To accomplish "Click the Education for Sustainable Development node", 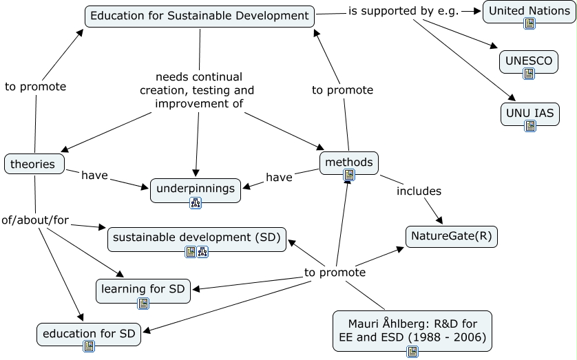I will pos(200,16).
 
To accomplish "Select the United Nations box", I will pos(529,12).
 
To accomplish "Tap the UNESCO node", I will pos(529,61).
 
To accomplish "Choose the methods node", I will pos(349,162).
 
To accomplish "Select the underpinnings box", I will pos(196,188).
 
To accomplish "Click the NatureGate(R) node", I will pos(451,237).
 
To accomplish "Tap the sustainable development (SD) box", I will pos(197,237).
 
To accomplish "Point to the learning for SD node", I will pos(143,289).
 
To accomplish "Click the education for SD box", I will pos(90,334).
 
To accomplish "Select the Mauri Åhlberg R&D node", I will pos(412,330).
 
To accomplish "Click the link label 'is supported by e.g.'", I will pos(403,11).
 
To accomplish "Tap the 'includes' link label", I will pos(419,191).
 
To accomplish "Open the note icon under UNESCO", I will pos(529,73).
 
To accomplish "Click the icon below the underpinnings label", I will pos(196,202).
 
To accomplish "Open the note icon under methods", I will pos(349,175).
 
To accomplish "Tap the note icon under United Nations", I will pos(529,24).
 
